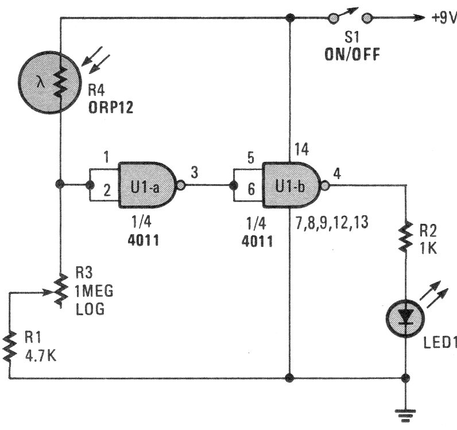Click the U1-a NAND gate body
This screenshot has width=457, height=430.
coord(149,184)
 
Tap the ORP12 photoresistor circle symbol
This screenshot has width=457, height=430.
coord(47,83)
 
